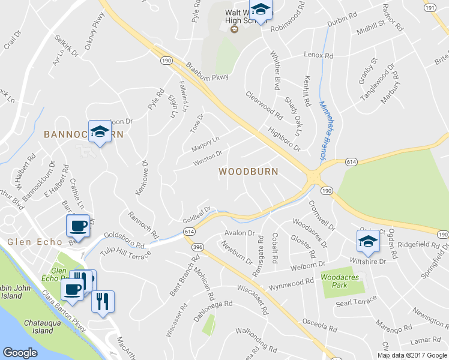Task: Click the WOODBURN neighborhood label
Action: click(x=248, y=172)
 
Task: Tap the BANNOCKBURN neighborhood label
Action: click(x=82, y=134)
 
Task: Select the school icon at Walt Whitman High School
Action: click(x=261, y=10)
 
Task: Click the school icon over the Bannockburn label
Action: click(x=100, y=131)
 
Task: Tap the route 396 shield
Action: click(x=198, y=247)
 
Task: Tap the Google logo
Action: click(x=20, y=353)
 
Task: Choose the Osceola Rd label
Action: click(x=319, y=326)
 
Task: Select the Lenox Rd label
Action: click(x=318, y=55)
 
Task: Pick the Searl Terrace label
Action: click(x=357, y=302)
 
